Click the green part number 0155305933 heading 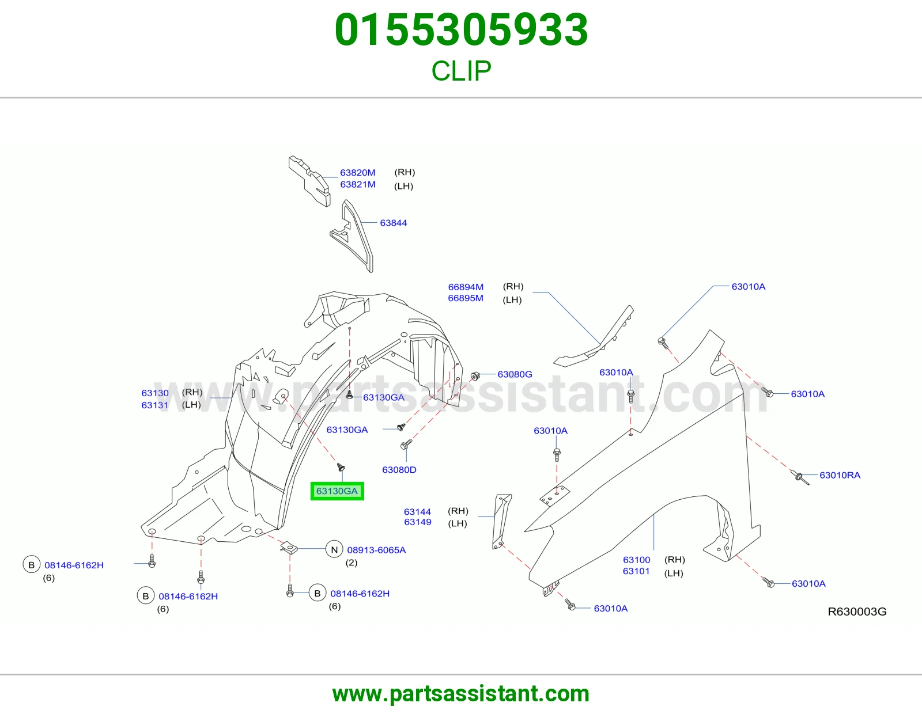coord(461,30)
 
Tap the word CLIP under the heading coord(461,71)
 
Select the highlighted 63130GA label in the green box coord(337,491)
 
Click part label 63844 coord(394,223)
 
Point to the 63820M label coord(358,173)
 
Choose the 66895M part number coord(466,298)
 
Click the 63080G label coord(515,374)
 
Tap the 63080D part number coord(399,470)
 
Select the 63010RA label coord(840,475)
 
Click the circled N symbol coord(334,549)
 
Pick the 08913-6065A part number coord(376,550)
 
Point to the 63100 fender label coord(636,560)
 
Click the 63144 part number coord(418,512)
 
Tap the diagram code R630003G coord(857,612)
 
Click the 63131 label coord(155,405)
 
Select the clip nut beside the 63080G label coord(475,375)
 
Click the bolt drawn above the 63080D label coord(406,445)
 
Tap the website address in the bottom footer coord(461,694)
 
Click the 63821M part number coord(358,184)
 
